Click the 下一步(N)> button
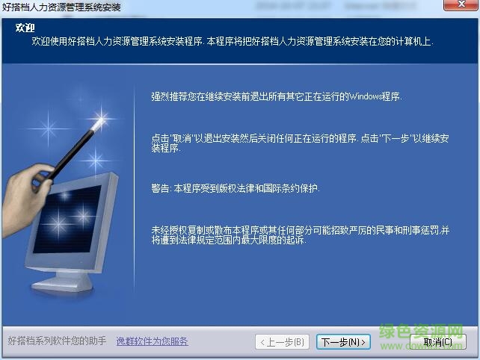tap(343, 342)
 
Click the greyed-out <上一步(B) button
tap(282, 342)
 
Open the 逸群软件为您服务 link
tap(152, 342)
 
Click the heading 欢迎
tap(15, 28)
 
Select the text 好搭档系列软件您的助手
tap(57, 342)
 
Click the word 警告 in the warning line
tap(161, 189)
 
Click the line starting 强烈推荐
tap(276, 96)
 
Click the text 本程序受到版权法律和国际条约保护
tap(247, 189)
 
